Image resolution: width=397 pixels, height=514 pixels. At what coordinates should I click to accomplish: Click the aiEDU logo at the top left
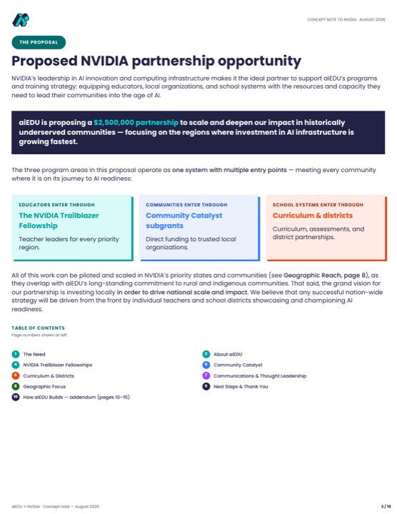(x=21, y=20)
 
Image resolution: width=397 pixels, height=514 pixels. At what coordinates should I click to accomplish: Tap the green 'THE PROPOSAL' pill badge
(x=39, y=42)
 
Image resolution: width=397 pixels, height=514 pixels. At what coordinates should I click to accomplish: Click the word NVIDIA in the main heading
(x=104, y=61)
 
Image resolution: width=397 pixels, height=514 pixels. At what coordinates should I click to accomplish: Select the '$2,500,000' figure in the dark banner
(x=114, y=123)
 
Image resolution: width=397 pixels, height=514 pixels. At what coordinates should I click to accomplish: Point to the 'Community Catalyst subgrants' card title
(x=184, y=221)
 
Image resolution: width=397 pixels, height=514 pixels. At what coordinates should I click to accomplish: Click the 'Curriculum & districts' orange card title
(x=313, y=216)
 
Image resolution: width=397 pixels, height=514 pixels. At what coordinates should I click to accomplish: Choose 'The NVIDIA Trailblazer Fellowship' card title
(x=59, y=221)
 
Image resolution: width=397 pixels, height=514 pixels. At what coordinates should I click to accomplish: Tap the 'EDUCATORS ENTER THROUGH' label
(x=56, y=205)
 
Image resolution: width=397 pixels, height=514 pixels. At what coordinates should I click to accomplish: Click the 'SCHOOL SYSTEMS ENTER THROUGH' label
(x=318, y=205)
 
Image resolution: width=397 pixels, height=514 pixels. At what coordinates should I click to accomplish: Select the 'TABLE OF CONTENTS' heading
(x=38, y=328)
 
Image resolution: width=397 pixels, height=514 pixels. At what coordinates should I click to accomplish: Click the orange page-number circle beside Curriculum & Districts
(x=16, y=376)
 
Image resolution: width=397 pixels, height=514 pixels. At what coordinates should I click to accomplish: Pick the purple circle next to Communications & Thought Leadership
(x=206, y=376)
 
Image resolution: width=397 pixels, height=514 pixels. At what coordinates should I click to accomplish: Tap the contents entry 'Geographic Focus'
(x=44, y=386)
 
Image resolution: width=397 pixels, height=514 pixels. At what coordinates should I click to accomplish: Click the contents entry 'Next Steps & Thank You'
(x=241, y=386)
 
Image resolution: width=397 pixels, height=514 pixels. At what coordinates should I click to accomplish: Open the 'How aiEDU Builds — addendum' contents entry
(x=76, y=398)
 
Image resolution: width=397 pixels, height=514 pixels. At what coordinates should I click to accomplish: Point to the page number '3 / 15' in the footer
(x=386, y=506)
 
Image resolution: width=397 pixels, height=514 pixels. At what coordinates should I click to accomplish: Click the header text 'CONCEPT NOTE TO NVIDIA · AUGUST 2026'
(x=346, y=20)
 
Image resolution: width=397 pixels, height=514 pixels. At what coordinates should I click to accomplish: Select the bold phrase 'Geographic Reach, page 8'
(x=324, y=276)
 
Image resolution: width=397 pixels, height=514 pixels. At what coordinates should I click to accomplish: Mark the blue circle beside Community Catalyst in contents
(x=206, y=365)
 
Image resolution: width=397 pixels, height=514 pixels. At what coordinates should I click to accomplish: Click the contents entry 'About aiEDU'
(x=228, y=354)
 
